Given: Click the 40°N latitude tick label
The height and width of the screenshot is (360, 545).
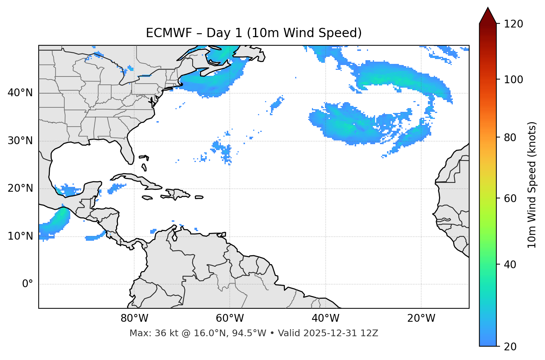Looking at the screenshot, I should (20, 93).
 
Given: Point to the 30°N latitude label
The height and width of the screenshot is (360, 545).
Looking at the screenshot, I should (20, 141).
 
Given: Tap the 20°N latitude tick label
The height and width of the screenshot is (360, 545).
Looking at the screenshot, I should (20, 188).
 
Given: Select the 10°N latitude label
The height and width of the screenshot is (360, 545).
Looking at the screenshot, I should (20, 236).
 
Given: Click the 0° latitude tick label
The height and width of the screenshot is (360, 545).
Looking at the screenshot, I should (28, 284).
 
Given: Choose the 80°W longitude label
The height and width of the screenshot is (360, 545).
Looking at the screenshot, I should (134, 318).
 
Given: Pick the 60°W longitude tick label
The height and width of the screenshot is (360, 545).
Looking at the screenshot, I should (230, 318).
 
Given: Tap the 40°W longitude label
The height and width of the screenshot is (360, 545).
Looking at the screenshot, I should (325, 318).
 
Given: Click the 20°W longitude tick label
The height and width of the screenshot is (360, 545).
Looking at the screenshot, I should (421, 318).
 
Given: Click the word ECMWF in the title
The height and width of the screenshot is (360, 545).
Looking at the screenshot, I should (169, 33).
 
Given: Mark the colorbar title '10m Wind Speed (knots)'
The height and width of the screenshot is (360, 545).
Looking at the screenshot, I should (532, 185).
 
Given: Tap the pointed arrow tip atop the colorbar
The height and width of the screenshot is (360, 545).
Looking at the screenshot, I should (488, 9).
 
